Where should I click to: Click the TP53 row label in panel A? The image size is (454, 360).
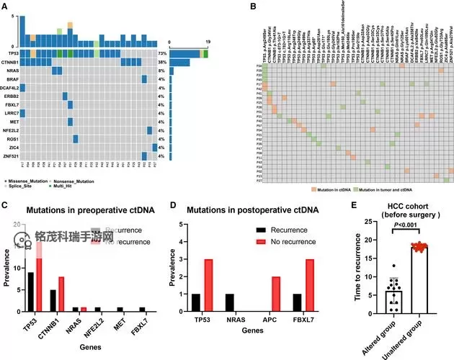point(12,54)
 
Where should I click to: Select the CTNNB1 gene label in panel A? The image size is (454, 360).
point(10,63)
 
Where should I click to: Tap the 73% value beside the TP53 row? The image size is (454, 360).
point(163,54)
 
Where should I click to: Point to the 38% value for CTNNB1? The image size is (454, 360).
point(163,63)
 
